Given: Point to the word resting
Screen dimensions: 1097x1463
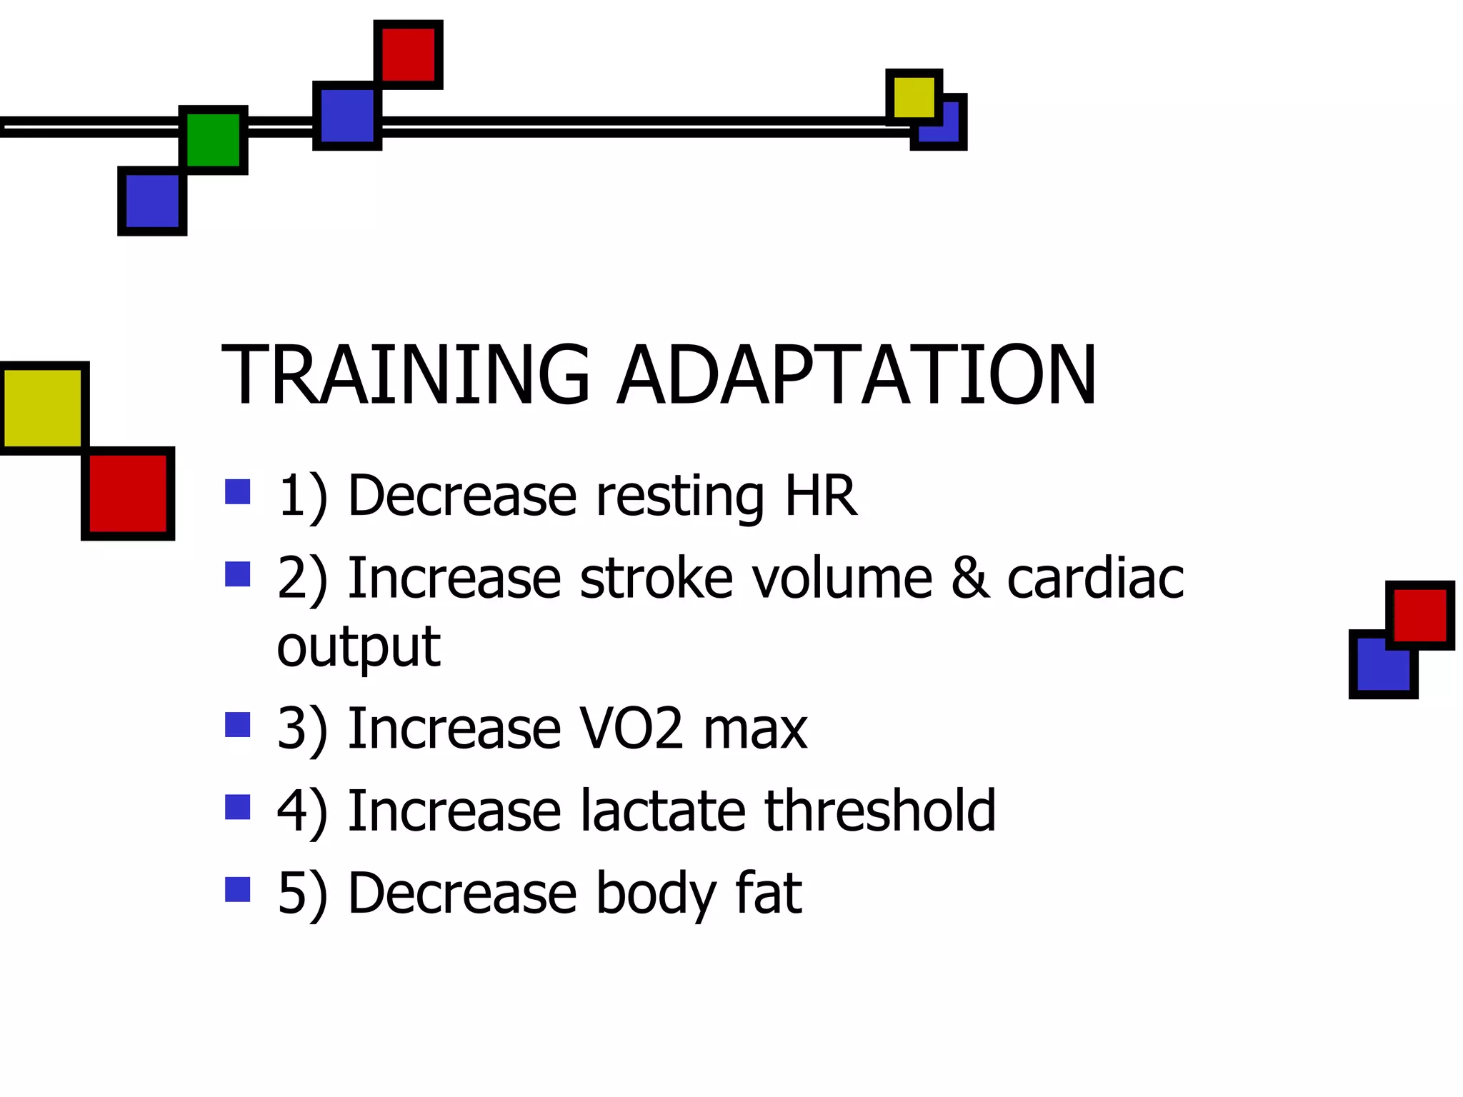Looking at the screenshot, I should coord(679,496).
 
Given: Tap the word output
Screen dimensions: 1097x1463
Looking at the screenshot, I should coord(359,647).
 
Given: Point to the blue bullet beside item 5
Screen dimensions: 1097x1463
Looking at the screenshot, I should coord(237,889).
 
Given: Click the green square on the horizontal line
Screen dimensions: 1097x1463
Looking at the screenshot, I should coord(213,140).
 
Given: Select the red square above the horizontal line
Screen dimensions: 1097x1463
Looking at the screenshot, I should coord(409,55).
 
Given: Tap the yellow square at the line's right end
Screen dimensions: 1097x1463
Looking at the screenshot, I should coord(914,97).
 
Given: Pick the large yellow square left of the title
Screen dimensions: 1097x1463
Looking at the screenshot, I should coord(43,408).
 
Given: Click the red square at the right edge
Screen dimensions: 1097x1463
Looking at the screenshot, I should coord(1419,615).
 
